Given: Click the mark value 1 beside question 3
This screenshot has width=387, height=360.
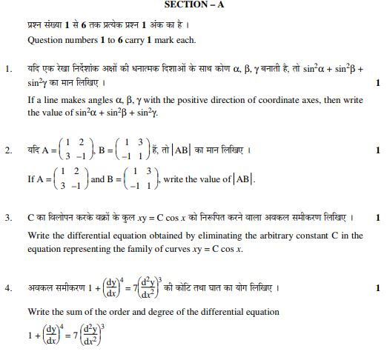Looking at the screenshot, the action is (x=378, y=218).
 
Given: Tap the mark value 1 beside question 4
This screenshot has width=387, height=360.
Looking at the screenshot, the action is (x=378, y=287).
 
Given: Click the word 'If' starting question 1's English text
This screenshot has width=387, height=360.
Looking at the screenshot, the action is (x=31, y=99).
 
